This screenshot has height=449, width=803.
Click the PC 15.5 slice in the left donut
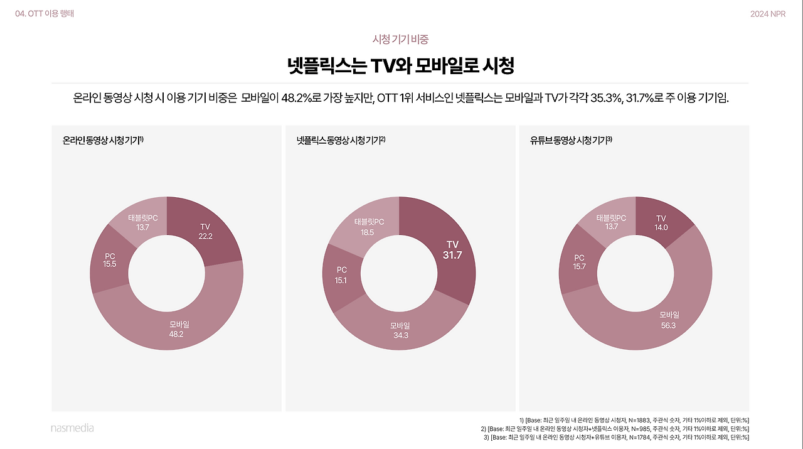click(110, 260)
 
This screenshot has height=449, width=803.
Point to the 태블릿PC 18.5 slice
click(368, 227)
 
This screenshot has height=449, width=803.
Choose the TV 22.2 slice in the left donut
click(205, 231)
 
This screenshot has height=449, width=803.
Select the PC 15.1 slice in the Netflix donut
click(341, 275)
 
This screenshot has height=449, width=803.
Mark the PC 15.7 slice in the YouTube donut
click(579, 262)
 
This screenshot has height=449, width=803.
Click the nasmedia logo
click(72, 428)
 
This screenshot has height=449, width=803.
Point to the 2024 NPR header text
click(768, 14)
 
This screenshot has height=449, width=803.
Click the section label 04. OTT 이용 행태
click(45, 14)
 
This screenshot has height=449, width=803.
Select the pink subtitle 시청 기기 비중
click(400, 39)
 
